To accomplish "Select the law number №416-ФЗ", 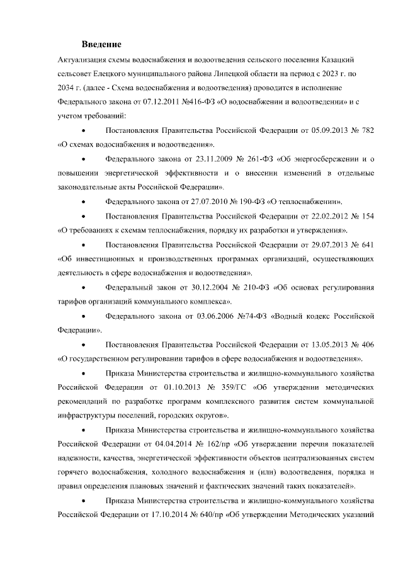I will tap(203, 100).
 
